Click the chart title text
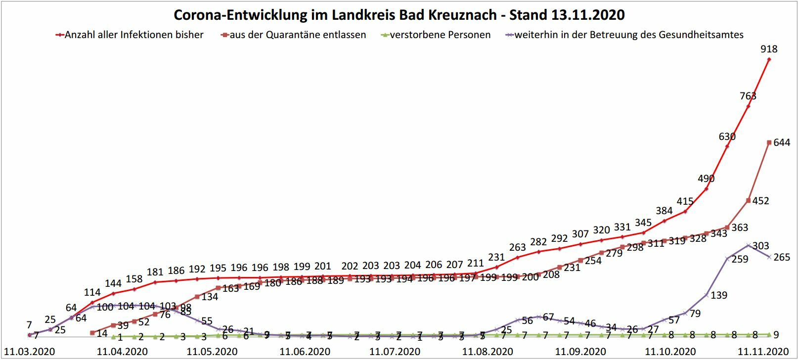tap(399, 15)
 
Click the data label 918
tap(769, 49)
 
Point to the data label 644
tap(782, 143)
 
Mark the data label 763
tap(748, 96)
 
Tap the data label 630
tap(727, 136)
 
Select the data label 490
tap(706, 179)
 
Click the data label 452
tap(760, 201)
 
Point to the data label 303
tap(760, 246)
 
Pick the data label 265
tap(782, 257)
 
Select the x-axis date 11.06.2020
tap(305, 352)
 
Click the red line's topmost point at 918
tap(769, 59)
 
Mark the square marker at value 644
tap(769, 142)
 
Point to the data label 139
tap(718, 295)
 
